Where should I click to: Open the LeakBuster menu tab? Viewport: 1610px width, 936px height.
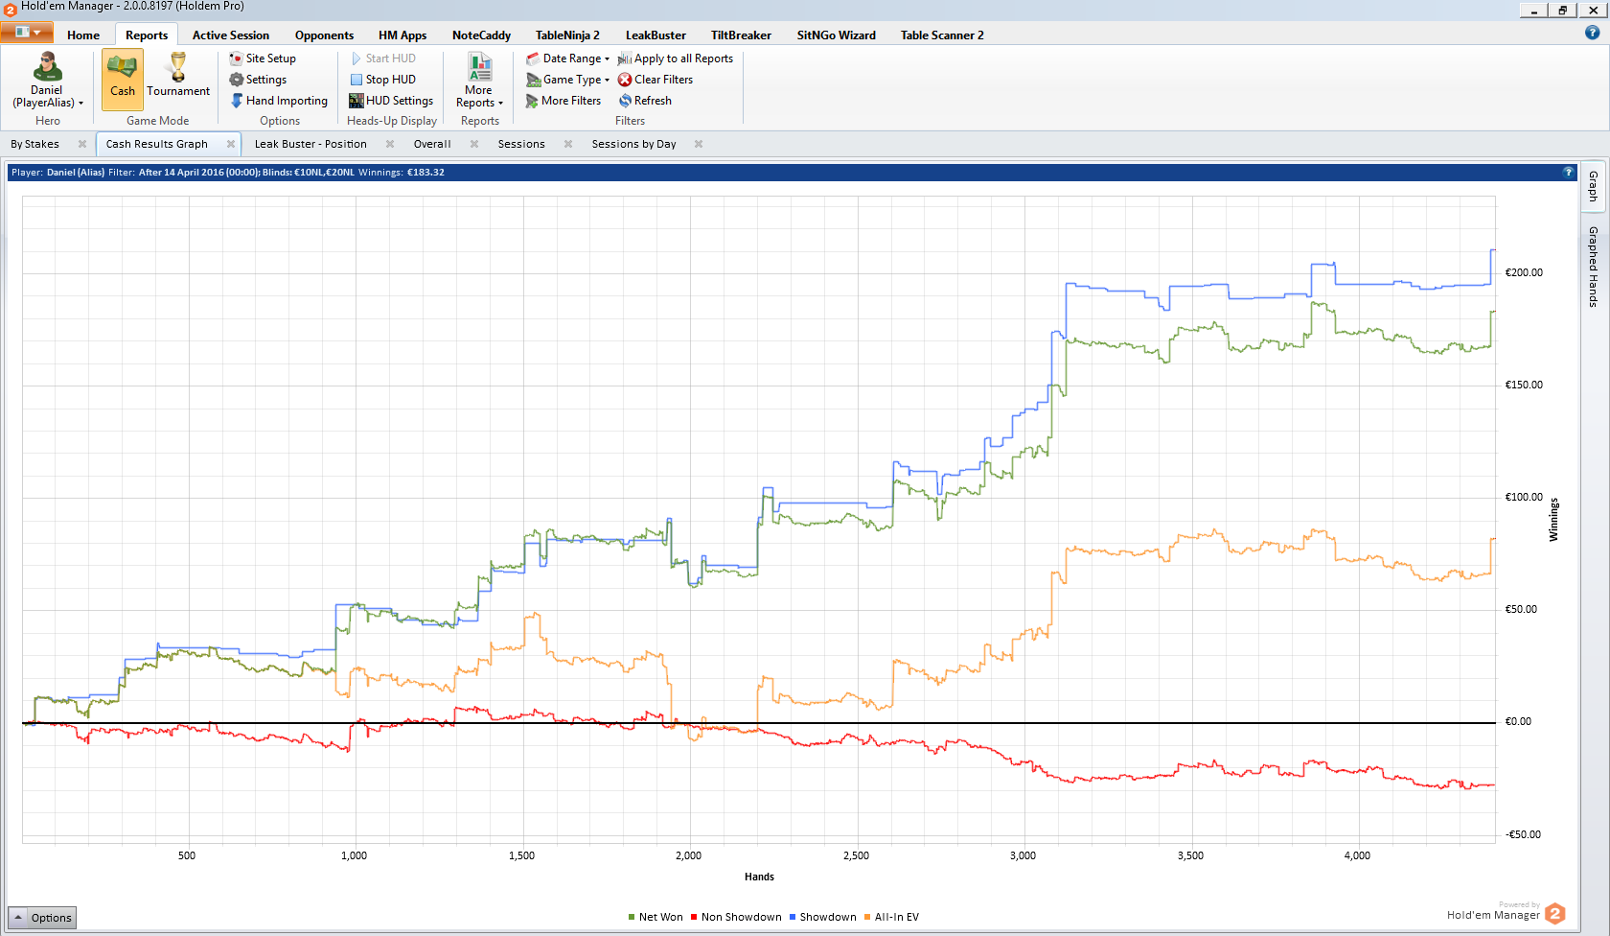coord(655,35)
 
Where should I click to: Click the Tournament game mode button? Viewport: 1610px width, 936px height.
coord(178,76)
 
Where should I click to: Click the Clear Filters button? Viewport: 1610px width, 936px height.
coord(655,80)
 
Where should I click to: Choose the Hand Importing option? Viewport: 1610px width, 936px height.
coord(279,101)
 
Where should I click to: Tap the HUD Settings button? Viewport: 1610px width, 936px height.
coord(391,101)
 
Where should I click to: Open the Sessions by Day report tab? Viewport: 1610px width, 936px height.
coord(634,144)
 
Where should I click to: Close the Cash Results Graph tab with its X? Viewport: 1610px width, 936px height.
coord(231,144)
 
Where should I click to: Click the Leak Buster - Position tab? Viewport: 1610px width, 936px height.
coord(310,144)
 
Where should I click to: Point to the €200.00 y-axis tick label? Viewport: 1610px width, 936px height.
coord(1524,272)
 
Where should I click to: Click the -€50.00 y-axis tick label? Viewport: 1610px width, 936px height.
coord(1523,834)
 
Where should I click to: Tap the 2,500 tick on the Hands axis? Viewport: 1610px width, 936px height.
coord(856,855)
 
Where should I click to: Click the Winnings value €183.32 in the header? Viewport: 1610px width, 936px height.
coord(425,173)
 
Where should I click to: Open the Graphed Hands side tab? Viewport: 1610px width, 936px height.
coord(1593,267)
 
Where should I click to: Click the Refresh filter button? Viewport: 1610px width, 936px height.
coord(646,101)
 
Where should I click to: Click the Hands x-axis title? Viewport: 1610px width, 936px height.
coord(759,877)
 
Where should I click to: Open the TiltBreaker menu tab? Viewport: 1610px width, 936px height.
coord(741,35)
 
